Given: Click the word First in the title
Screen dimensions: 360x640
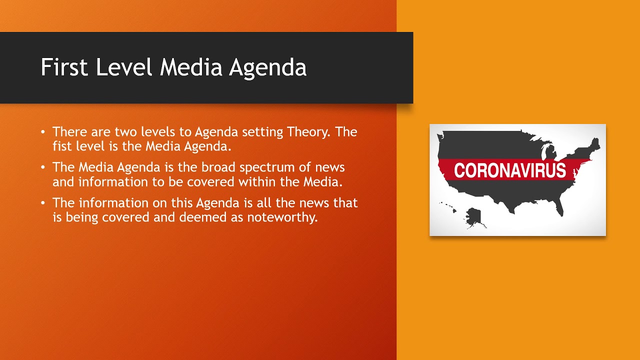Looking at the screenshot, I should [64, 67].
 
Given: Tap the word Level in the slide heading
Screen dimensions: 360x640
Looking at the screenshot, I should [124, 67].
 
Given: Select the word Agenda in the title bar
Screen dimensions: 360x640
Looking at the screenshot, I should [267, 67].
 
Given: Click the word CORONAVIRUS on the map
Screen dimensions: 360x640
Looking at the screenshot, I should [510, 170].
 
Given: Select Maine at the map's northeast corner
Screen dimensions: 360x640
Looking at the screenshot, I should [595, 142].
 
